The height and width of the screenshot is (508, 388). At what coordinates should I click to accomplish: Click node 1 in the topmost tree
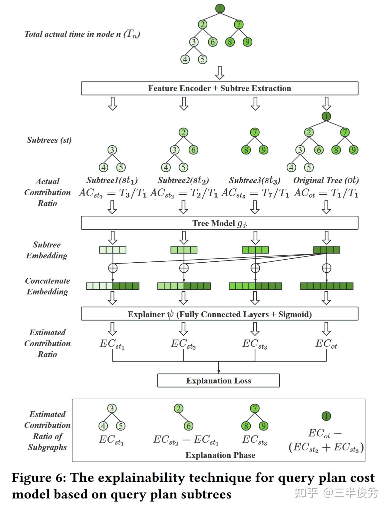220,8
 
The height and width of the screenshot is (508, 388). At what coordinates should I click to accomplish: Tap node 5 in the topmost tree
202,59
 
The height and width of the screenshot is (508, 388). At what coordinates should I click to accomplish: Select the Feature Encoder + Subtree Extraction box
219,88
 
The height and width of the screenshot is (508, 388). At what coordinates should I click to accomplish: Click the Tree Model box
219,223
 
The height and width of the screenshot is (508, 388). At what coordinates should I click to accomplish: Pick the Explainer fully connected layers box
219,314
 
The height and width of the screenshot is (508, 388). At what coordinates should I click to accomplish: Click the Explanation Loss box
218,380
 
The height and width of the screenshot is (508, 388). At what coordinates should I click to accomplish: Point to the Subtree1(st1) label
112,181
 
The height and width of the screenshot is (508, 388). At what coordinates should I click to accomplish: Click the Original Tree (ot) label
326,181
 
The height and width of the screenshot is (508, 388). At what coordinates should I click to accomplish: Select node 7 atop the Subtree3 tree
255,132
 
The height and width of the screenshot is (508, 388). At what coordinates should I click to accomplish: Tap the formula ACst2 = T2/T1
184,193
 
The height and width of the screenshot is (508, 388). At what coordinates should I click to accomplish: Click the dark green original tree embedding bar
326,250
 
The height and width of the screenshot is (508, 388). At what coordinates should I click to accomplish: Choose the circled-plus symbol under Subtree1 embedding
113,268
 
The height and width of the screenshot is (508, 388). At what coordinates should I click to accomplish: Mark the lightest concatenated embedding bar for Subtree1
113,286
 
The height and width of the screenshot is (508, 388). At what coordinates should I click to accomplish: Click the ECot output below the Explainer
326,344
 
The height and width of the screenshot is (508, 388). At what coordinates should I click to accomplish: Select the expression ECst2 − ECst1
186,440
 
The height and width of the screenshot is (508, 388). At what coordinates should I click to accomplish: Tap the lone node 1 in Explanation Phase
326,416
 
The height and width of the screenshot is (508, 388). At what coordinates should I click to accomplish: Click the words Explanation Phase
220,455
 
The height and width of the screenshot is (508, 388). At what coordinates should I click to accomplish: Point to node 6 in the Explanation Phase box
189,426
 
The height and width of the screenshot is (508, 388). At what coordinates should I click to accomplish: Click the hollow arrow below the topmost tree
219,73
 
